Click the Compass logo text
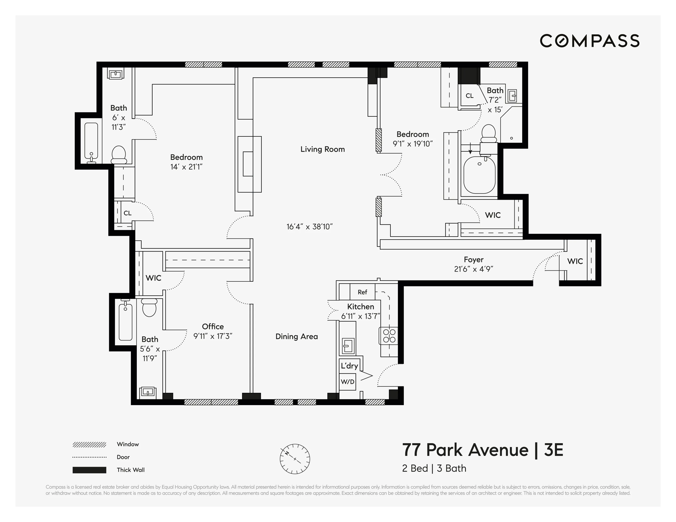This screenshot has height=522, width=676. click(589, 41)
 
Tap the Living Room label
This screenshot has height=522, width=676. click(323, 149)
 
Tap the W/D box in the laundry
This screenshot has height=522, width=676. click(347, 382)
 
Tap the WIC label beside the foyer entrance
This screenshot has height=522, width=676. click(575, 261)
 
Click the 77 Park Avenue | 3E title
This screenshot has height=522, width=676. click(482, 450)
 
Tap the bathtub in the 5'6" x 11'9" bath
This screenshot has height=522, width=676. click(125, 322)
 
